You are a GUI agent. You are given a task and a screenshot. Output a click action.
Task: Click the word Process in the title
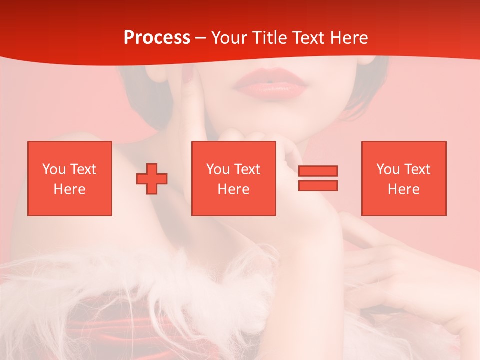pos(157,38)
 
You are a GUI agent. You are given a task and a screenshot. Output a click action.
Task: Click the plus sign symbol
pos(152,179)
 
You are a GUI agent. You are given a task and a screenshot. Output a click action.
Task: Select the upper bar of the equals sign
pos(318,171)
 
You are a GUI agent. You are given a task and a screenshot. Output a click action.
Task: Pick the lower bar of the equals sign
pos(318,185)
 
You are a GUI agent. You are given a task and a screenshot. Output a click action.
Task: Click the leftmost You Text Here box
pos(69,178)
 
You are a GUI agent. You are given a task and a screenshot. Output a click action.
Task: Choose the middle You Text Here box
pos(233,178)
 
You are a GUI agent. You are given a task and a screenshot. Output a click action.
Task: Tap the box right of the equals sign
pos(403,178)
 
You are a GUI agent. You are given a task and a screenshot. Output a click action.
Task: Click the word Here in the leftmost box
pos(69,189)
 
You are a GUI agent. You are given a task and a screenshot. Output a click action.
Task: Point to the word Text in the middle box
pos(247,169)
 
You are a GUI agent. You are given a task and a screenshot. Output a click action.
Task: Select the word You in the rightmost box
pos(388,169)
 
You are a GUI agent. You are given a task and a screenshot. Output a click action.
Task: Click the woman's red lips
pos(270,84)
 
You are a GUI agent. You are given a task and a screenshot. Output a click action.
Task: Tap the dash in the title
pos(200,38)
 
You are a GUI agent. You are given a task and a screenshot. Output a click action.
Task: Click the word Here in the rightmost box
pos(403,189)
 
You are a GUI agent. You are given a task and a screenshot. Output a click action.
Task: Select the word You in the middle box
pos(218,169)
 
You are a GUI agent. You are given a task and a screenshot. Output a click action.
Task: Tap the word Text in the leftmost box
pos(83,169)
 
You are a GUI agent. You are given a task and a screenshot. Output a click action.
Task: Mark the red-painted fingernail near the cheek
pos(187,75)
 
